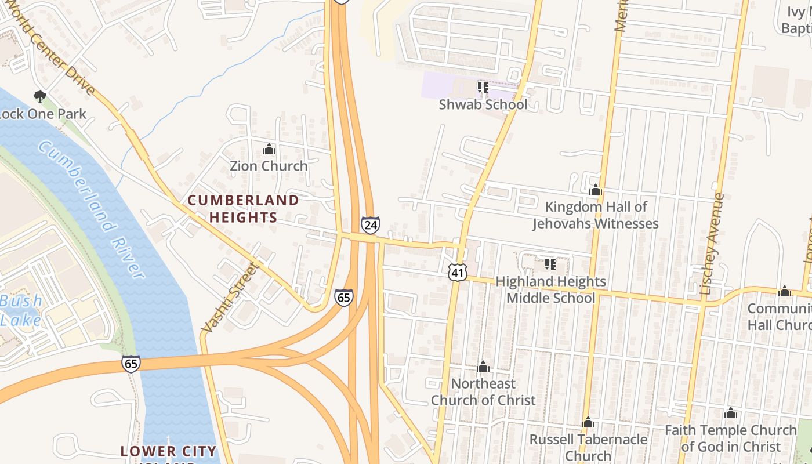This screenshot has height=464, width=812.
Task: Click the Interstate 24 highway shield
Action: tap(370, 224)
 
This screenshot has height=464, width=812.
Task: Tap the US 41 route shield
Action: tap(458, 271)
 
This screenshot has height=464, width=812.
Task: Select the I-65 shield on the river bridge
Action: tap(131, 364)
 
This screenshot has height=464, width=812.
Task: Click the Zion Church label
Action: tap(269, 166)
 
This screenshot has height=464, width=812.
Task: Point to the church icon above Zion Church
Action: tap(269, 150)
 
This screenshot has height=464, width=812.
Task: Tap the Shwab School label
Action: tap(483, 104)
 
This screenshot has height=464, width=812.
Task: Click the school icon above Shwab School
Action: tap(483, 88)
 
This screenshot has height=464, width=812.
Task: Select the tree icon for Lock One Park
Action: tap(40, 96)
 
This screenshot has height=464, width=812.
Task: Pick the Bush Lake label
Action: tap(21, 310)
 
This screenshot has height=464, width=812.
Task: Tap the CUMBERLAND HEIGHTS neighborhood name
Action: tap(243, 209)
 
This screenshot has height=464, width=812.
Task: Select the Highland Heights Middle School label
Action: tap(550, 289)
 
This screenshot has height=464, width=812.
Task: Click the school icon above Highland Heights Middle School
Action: tap(550, 265)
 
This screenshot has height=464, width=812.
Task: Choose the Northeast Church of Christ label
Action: tap(483, 391)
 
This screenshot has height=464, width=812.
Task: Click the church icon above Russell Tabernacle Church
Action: tap(588, 423)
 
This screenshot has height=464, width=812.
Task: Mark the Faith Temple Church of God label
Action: tap(730, 438)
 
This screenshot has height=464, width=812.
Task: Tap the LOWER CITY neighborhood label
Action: tap(168, 451)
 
